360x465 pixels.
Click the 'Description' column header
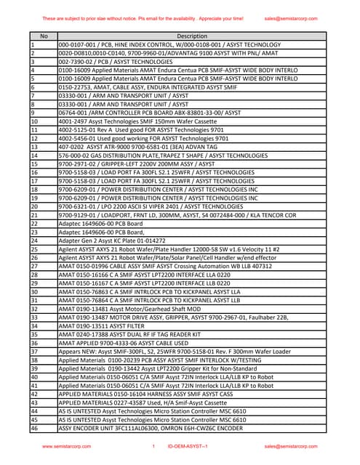click(x=192, y=36)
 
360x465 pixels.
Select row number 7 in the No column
click(x=33, y=95)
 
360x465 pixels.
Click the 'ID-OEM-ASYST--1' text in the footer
click(x=188, y=446)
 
